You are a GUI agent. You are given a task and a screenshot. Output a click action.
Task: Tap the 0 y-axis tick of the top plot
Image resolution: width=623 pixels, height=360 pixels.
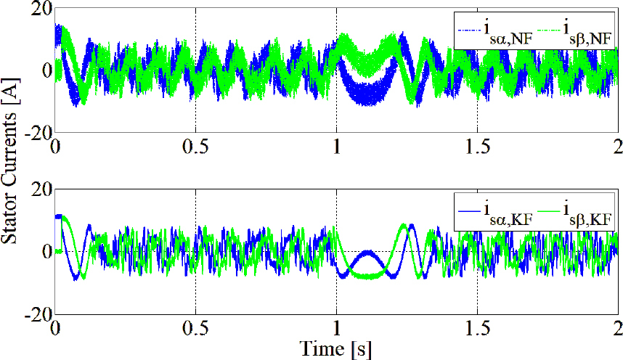(45, 71)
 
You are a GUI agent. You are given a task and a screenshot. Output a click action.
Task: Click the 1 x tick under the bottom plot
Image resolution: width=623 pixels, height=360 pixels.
(336, 327)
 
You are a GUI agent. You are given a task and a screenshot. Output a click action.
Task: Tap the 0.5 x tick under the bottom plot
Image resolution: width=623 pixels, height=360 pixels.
(195, 327)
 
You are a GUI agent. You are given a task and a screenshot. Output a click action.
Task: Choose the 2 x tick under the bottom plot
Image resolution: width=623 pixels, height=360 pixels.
(616, 327)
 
